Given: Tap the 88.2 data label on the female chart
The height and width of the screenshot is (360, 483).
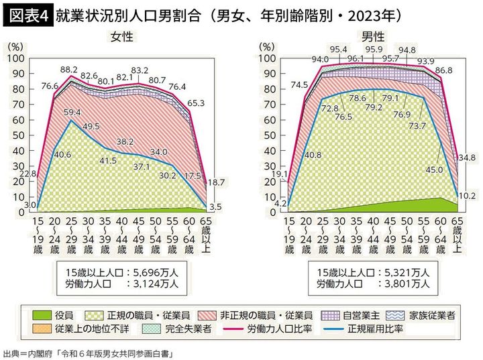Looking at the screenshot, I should [x=68, y=68].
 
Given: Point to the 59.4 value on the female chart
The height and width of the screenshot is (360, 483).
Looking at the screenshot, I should [x=71, y=112].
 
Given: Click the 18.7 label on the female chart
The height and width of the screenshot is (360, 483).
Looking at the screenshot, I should [x=215, y=182].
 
